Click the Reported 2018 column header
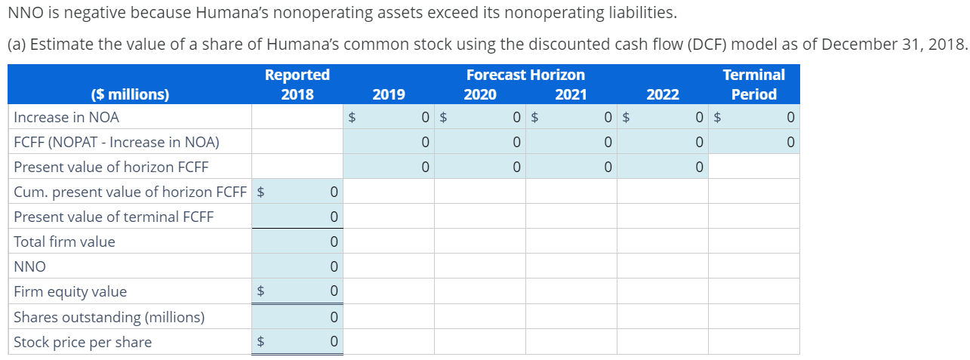pos(297,85)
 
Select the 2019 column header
pos(388,94)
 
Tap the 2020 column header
pos(480,94)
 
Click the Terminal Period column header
pos(753,85)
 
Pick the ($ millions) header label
pos(130,94)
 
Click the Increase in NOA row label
pos(66,117)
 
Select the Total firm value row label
pos(65,242)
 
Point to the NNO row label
pos(30,266)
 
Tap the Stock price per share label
pos(83,342)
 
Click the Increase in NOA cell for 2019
pos(389,117)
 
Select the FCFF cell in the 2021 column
pos(571,142)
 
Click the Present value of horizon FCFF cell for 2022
pos(663,167)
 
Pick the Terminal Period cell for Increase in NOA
pos(753,117)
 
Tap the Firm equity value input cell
pos(297,291)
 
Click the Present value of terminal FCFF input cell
pos(297,217)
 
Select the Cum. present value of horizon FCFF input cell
pos(297,192)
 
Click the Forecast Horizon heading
pos(525,75)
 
